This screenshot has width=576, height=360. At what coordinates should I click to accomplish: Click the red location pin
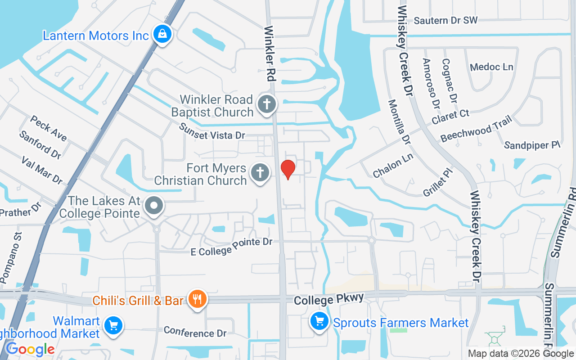(288, 169)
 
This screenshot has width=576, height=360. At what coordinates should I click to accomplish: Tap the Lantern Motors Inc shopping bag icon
(162, 34)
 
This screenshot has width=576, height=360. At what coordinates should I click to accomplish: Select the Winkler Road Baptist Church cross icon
(266, 105)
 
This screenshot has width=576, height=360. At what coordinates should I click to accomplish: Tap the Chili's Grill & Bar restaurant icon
(197, 299)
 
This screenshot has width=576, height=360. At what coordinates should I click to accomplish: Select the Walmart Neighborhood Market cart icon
(113, 325)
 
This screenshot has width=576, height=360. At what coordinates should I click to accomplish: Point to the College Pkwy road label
(328, 300)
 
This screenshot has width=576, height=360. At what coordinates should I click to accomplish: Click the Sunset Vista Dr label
(212, 131)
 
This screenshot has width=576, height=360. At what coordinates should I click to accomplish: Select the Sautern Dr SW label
(445, 20)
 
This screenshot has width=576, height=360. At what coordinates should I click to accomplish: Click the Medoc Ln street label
(491, 67)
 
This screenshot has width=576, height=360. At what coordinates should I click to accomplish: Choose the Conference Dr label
(195, 332)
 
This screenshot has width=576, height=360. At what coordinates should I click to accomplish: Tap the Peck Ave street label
(49, 128)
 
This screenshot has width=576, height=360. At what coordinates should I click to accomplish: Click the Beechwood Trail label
(476, 128)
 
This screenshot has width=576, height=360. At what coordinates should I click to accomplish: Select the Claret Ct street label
(450, 117)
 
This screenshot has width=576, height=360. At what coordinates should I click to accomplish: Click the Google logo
(30, 349)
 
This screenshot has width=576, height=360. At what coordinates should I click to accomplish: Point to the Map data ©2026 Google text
(521, 354)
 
